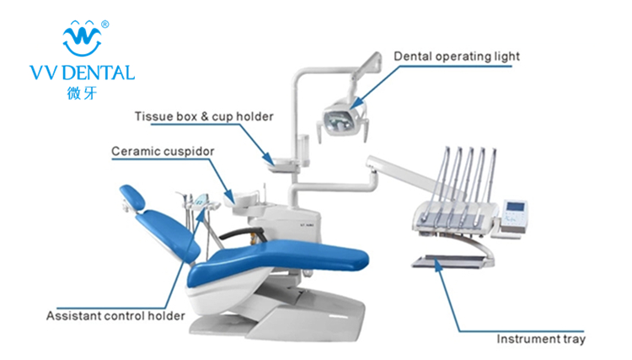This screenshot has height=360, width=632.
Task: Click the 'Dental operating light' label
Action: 457,56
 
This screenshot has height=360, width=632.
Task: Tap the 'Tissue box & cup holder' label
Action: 205,116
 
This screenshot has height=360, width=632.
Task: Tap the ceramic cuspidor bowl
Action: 245,196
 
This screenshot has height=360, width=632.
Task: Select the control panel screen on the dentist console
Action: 515,210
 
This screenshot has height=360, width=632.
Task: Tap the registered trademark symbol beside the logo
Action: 104,24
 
